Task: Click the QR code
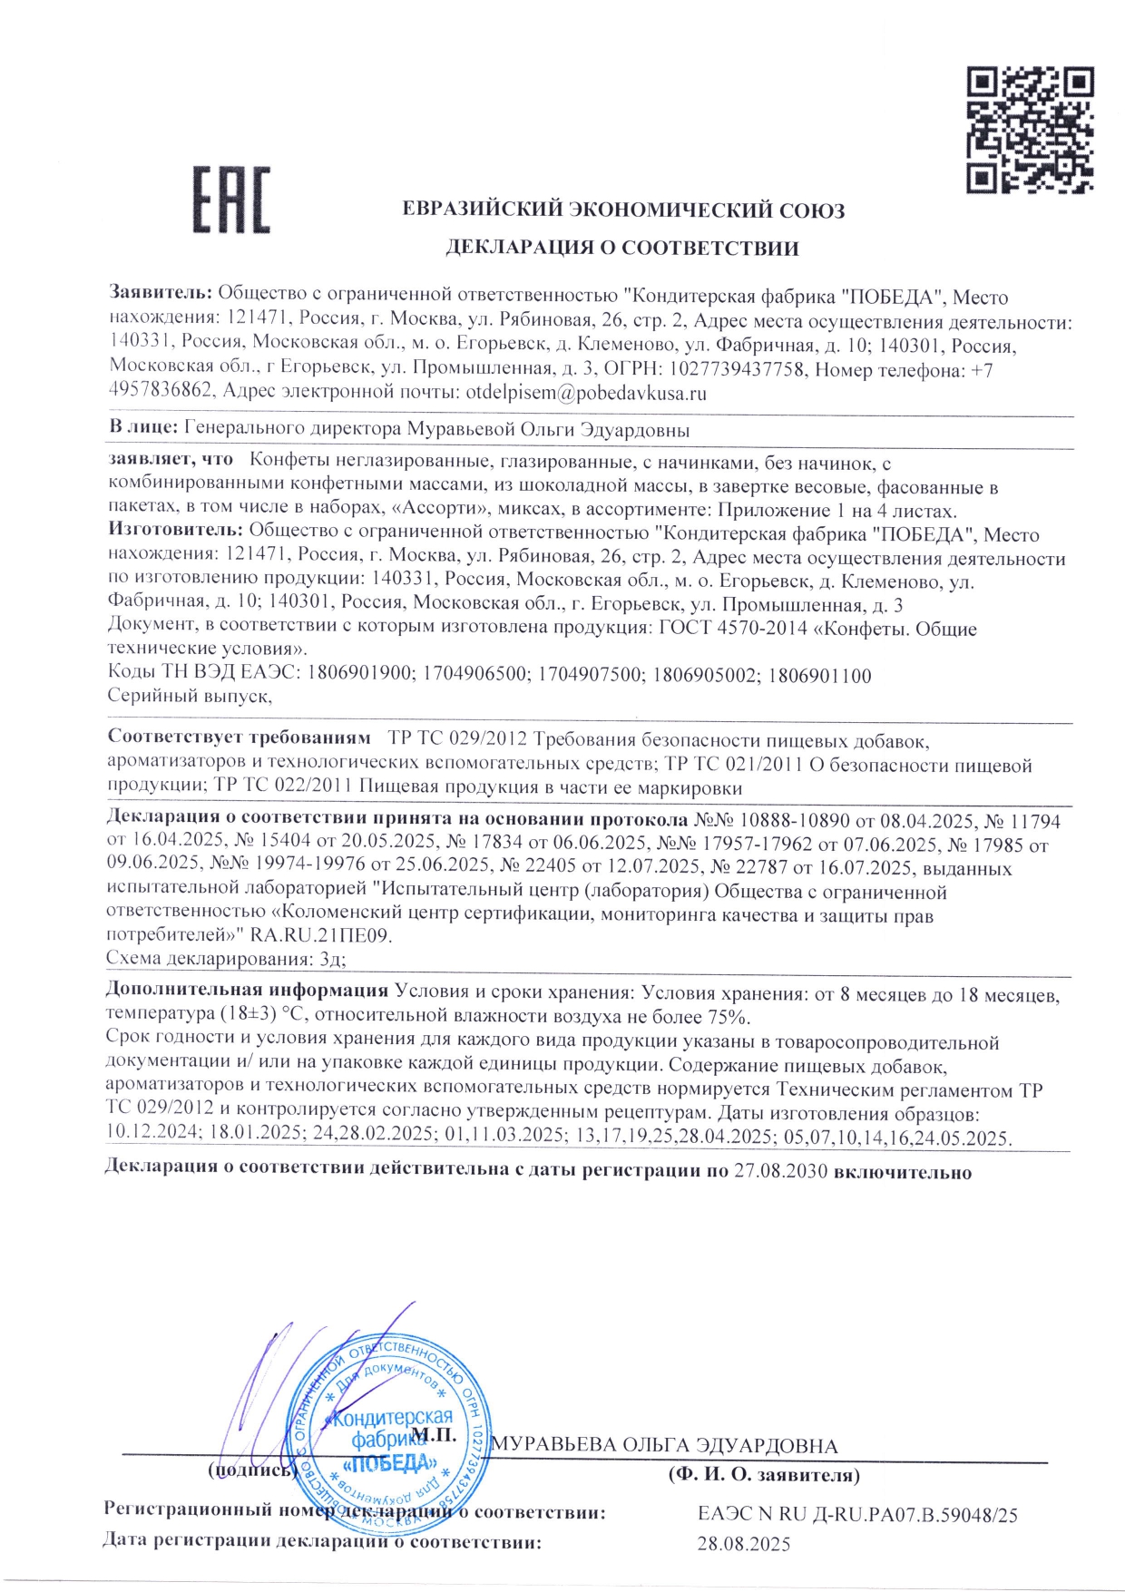[x=1029, y=130]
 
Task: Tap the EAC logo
[x=231, y=200]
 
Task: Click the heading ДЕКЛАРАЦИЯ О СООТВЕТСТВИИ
[x=621, y=248]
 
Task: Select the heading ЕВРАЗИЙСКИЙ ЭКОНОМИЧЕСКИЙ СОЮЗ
[x=623, y=210]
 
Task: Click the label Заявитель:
[x=161, y=293]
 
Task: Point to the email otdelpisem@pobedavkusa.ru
[x=586, y=394]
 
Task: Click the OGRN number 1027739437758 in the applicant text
[x=737, y=370]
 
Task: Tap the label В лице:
[x=143, y=428]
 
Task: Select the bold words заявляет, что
[x=170, y=460]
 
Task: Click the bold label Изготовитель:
[x=175, y=529]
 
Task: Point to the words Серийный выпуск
[x=190, y=696]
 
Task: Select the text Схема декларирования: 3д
[x=226, y=959]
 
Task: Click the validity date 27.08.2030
[x=780, y=1171]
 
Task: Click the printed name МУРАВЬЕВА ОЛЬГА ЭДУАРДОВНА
[x=664, y=1446]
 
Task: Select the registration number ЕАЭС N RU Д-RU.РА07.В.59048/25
[x=857, y=1514]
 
